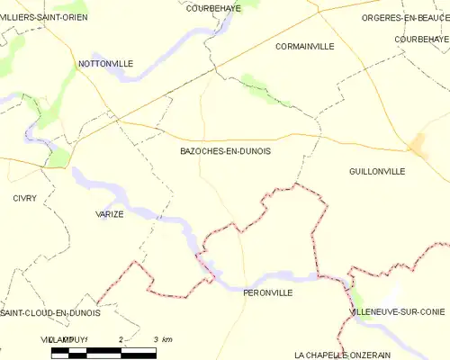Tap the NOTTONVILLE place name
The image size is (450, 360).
coord(105,64)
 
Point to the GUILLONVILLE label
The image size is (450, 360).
coord(376,170)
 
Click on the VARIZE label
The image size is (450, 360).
coord(110,214)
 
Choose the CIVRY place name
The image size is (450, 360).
coord(24,198)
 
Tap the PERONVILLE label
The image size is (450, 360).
coord(268,292)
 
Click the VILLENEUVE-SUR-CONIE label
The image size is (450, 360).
coord(397,311)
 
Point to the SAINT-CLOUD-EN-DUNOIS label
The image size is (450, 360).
coord(49,312)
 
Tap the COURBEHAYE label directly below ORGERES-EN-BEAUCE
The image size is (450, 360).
coord(421,40)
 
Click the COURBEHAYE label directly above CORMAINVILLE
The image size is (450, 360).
coord(212,7)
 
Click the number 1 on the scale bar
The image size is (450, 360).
coord(85,338)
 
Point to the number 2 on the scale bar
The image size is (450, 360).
coord(120,338)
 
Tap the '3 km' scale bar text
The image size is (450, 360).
coord(163,338)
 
